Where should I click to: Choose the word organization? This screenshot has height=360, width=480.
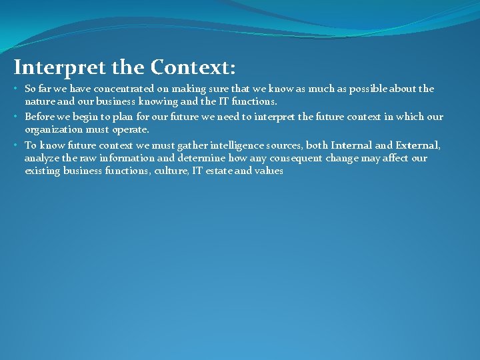(53, 129)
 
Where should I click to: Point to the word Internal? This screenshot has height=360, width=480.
(351, 145)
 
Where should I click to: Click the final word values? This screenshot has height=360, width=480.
(269, 171)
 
